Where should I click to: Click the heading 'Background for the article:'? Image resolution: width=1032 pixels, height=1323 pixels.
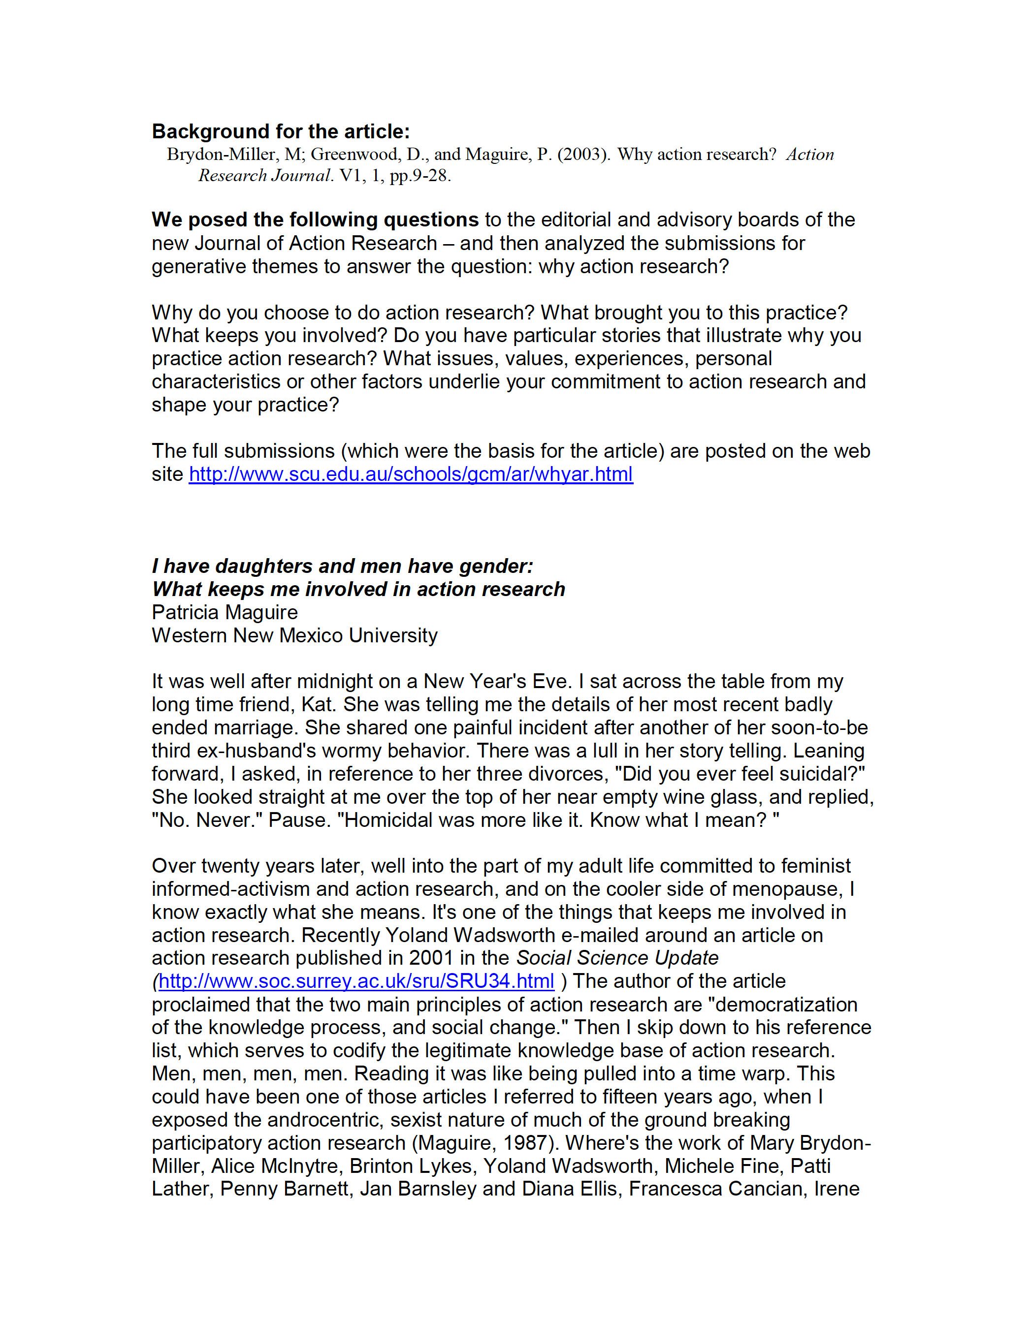281,131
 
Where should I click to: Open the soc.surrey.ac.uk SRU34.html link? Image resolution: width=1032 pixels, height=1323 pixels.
356,981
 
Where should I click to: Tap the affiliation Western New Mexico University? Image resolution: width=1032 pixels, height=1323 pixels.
294,635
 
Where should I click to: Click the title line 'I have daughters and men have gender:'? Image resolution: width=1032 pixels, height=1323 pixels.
342,566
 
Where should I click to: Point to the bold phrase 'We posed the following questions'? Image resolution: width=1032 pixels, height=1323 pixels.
315,220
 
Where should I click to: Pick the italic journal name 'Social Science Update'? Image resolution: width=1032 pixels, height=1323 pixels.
617,958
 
